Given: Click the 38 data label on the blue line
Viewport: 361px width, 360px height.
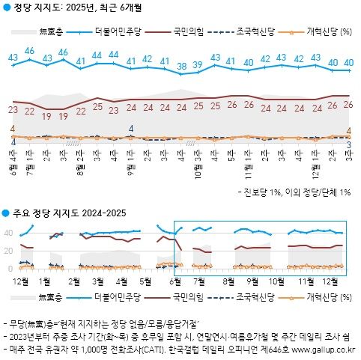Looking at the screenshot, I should point(181,67).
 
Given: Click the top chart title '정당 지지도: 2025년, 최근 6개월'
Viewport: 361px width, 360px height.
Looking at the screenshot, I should point(78,7).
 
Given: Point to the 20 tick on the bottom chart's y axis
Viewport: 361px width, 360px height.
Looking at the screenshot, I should point(8,254).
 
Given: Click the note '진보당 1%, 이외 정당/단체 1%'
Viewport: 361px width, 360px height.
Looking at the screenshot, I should point(297,193).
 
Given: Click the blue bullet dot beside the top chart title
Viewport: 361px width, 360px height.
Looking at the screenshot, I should point(6,7).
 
